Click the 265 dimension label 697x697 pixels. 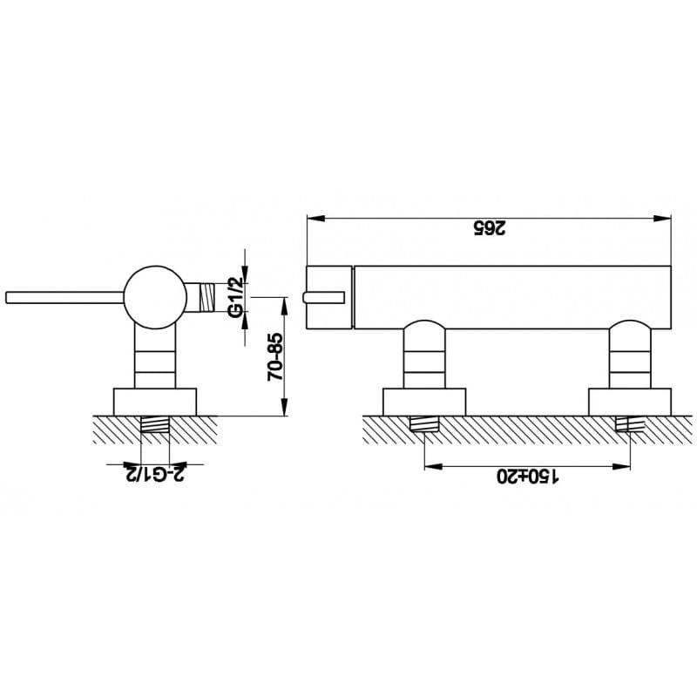(x=489, y=228)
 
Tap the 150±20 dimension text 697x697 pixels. (x=527, y=477)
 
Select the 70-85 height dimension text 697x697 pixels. (x=275, y=357)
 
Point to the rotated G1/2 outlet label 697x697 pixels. (x=235, y=297)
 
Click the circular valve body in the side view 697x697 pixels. (x=155, y=297)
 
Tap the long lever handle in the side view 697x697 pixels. (x=64, y=298)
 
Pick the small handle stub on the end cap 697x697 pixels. (x=323, y=297)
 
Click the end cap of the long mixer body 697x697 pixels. (x=329, y=297)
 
